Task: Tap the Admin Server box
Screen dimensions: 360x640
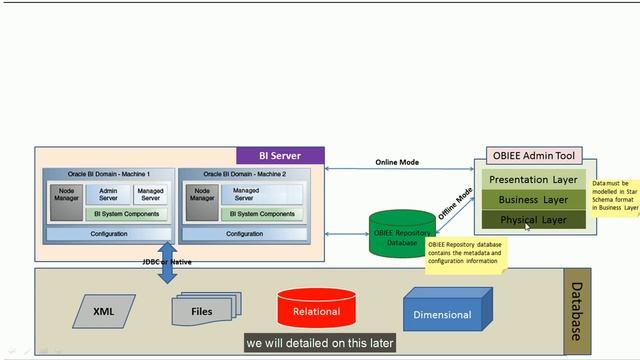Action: point(109,194)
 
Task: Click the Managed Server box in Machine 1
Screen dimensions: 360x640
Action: point(151,194)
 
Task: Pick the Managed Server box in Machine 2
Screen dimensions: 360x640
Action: point(244,194)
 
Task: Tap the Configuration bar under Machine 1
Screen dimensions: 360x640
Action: point(108,234)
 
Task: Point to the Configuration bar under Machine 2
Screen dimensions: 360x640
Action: point(244,234)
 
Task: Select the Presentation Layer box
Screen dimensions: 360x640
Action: point(533,180)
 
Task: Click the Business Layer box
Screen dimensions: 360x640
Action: point(533,200)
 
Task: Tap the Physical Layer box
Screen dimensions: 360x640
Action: point(533,219)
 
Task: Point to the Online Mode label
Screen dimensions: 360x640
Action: point(397,162)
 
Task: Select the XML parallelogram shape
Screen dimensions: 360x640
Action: point(104,311)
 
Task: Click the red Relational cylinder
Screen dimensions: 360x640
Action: point(317,309)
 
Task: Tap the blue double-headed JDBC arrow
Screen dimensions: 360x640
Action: point(166,262)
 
